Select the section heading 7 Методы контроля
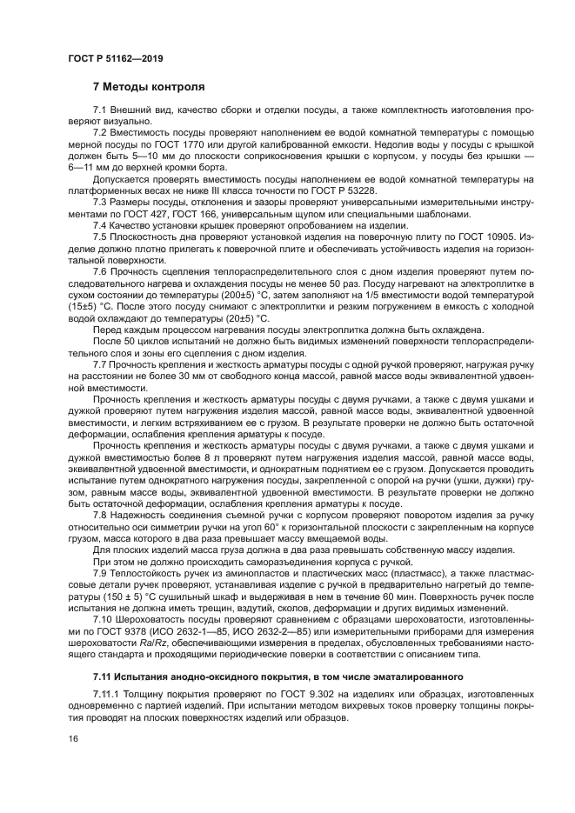pyautogui.click(x=149, y=87)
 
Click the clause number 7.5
pyautogui.click(x=100, y=237)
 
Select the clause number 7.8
pyautogui.click(x=100, y=516)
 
